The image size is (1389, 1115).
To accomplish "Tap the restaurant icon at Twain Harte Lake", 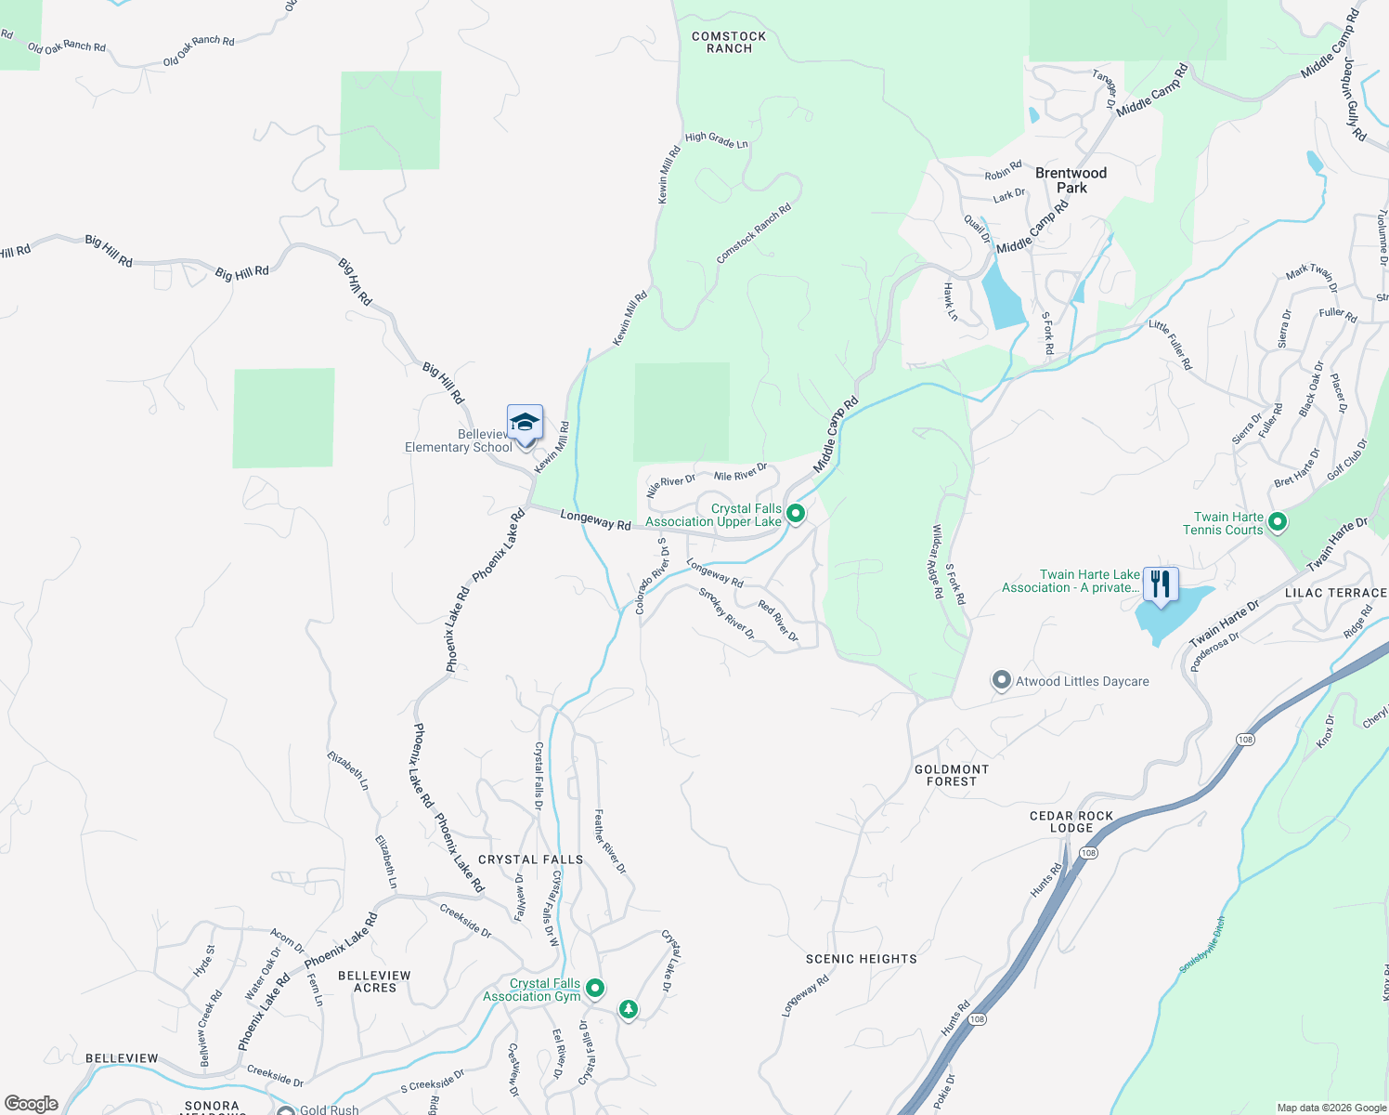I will click(x=1161, y=584).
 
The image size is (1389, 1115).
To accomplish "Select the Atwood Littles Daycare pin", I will click(x=1001, y=681).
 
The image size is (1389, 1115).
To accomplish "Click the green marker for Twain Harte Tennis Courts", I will click(x=1277, y=522).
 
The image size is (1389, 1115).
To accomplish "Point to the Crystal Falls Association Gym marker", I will click(x=595, y=989).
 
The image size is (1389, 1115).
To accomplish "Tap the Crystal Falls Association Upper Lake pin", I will click(x=796, y=513).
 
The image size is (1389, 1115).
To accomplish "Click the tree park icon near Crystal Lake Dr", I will click(x=629, y=1008).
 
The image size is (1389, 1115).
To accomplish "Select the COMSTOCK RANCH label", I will click(x=729, y=43).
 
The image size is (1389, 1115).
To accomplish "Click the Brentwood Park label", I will click(x=1071, y=180).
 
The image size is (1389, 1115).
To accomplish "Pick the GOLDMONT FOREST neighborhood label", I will click(x=952, y=775).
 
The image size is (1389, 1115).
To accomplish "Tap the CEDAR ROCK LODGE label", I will click(x=1071, y=821).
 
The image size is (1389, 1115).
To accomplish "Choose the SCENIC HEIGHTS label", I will click(x=861, y=959).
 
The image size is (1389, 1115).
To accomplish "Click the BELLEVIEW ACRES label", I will click(x=374, y=981).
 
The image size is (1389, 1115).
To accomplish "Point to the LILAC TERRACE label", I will click(x=1335, y=593).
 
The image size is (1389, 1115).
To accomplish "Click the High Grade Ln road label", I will click(x=716, y=139).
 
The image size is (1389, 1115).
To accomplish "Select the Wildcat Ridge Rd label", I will click(x=937, y=560).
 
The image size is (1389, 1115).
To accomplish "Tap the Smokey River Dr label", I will click(x=727, y=614).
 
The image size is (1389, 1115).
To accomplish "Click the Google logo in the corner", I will click(x=32, y=1104).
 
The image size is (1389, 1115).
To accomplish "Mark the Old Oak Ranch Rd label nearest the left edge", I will click(x=67, y=47).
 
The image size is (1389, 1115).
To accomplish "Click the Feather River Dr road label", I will click(x=610, y=841).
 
